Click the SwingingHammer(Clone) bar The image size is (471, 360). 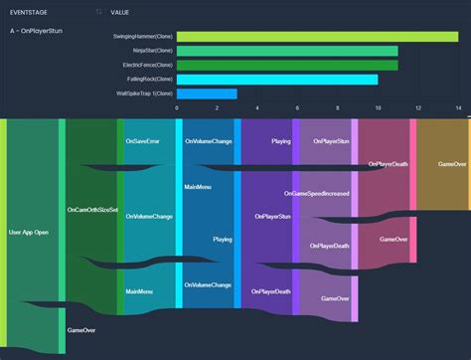click(317, 37)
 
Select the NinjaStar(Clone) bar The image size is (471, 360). click(287, 51)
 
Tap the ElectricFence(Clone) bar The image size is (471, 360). click(287, 66)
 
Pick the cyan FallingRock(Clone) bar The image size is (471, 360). click(277, 80)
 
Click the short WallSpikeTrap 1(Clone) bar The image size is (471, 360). click(207, 93)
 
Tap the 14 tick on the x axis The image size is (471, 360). click(458, 106)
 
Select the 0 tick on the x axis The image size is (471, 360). click(177, 106)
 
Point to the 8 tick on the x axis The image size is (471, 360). click(338, 106)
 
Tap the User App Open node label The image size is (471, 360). click(29, 232)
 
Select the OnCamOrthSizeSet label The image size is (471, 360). click(91, 211)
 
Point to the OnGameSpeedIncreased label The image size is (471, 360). click(317, 194)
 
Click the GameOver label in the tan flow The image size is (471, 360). click(453, 163)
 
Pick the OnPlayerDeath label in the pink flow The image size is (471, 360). click(388, 164)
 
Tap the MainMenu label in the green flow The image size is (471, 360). click(139, 291)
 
